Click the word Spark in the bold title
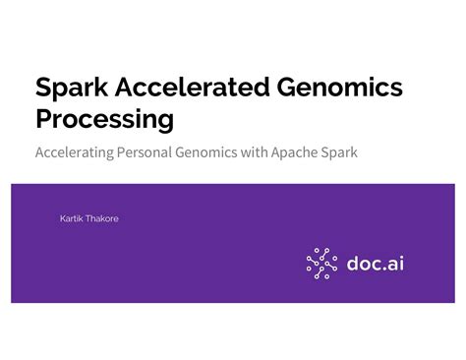[x=72, y=89]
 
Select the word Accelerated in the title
[x=186, y=89]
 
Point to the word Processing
[x=104, y=120]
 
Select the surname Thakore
[x=101, y=217]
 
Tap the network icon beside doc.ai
[x=321, y=263]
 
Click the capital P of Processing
[x=43, y=120]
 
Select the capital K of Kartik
[x=63, y=217]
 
